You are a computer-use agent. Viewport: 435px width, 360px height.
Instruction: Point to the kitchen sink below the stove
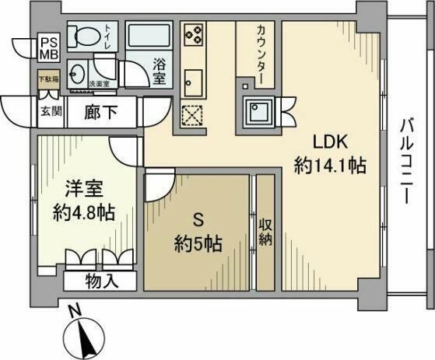(193, 80)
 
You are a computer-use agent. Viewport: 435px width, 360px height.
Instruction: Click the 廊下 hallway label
(100, 110)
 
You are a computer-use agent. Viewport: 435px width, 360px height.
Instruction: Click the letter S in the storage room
(197, 220)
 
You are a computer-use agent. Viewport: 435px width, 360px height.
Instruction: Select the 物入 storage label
(102, 279)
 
